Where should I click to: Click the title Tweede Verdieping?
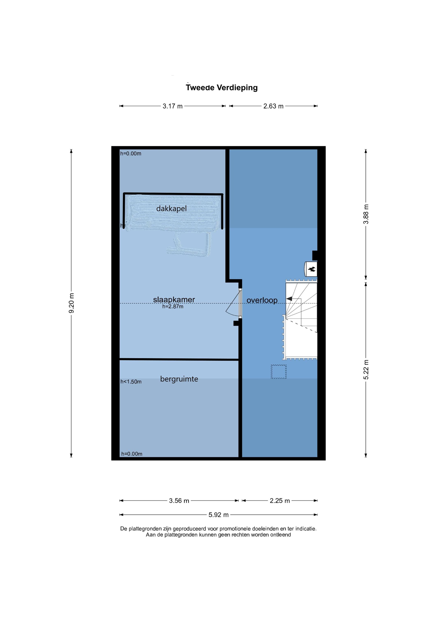click(x=222, y=88)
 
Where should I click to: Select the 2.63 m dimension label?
click(x=273, y=106)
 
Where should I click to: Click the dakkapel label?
click(x=171, y=209)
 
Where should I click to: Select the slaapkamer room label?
click(x=174, y=300)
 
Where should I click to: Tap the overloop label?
click(x=262, y=300)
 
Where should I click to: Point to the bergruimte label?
click(x=179, y=379)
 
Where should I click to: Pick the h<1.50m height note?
click(x=131, y=382)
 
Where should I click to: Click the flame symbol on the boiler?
click(x=312, y=269)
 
